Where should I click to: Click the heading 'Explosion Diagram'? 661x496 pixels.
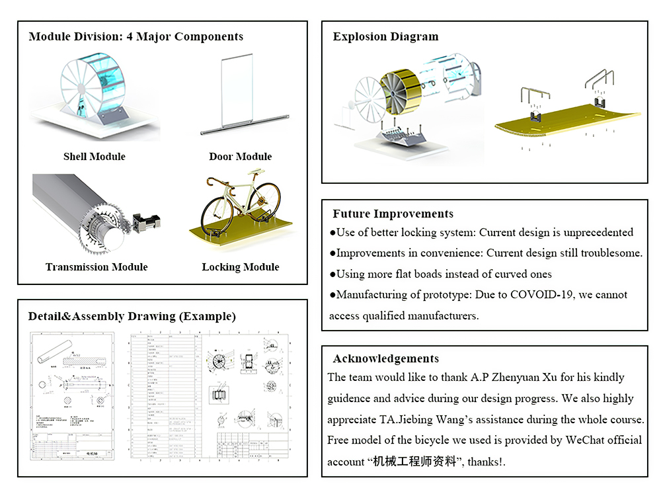click(385, 37)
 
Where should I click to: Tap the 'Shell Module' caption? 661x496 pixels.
click(94, 157)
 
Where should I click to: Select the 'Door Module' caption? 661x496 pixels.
click(240, 157)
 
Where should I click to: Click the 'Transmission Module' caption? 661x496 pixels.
click(97, 267)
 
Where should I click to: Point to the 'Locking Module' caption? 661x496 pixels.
click(240, 267)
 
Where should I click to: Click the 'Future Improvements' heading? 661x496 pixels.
click(393, 214)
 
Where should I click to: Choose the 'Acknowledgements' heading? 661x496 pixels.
click(385, 358)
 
